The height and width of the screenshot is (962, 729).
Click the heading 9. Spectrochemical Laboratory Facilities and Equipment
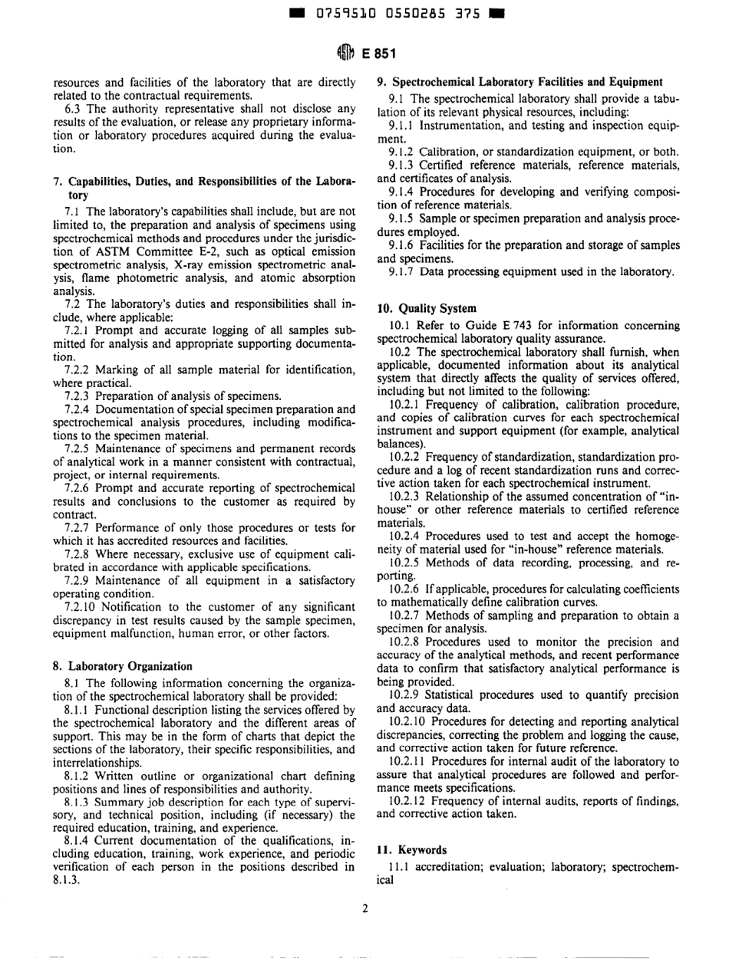click(x=520, y=81)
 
